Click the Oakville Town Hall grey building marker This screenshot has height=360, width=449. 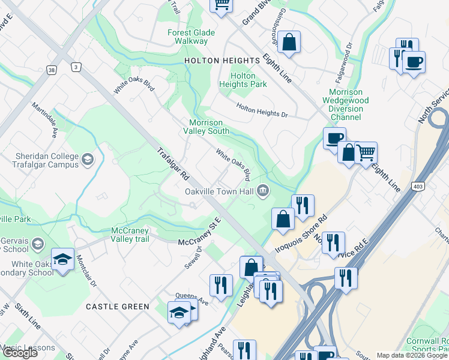pyautogui.click(x=262, y=191)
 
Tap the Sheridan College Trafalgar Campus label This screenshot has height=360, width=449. pyautogui.click(x=47, y=161)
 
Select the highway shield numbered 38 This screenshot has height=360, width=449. pyautogui.click(x=52, y=70)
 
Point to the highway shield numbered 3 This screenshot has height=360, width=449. pyautogui.click(x=76, y=67)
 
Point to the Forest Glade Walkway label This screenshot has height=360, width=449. pyautogui.click(x=188, y=37)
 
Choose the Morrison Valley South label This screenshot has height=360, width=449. pyautogui.click(x=206, y=127)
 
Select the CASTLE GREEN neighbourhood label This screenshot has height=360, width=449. pyautogui.click(x=118, y=307)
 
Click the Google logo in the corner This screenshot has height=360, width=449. pyautogui.click(x=20, y=352)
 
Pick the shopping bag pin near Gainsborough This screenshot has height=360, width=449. pyautogui.click(x=289, y=43)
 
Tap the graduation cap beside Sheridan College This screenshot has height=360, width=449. pyautogui.click(x=88, y=159)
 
